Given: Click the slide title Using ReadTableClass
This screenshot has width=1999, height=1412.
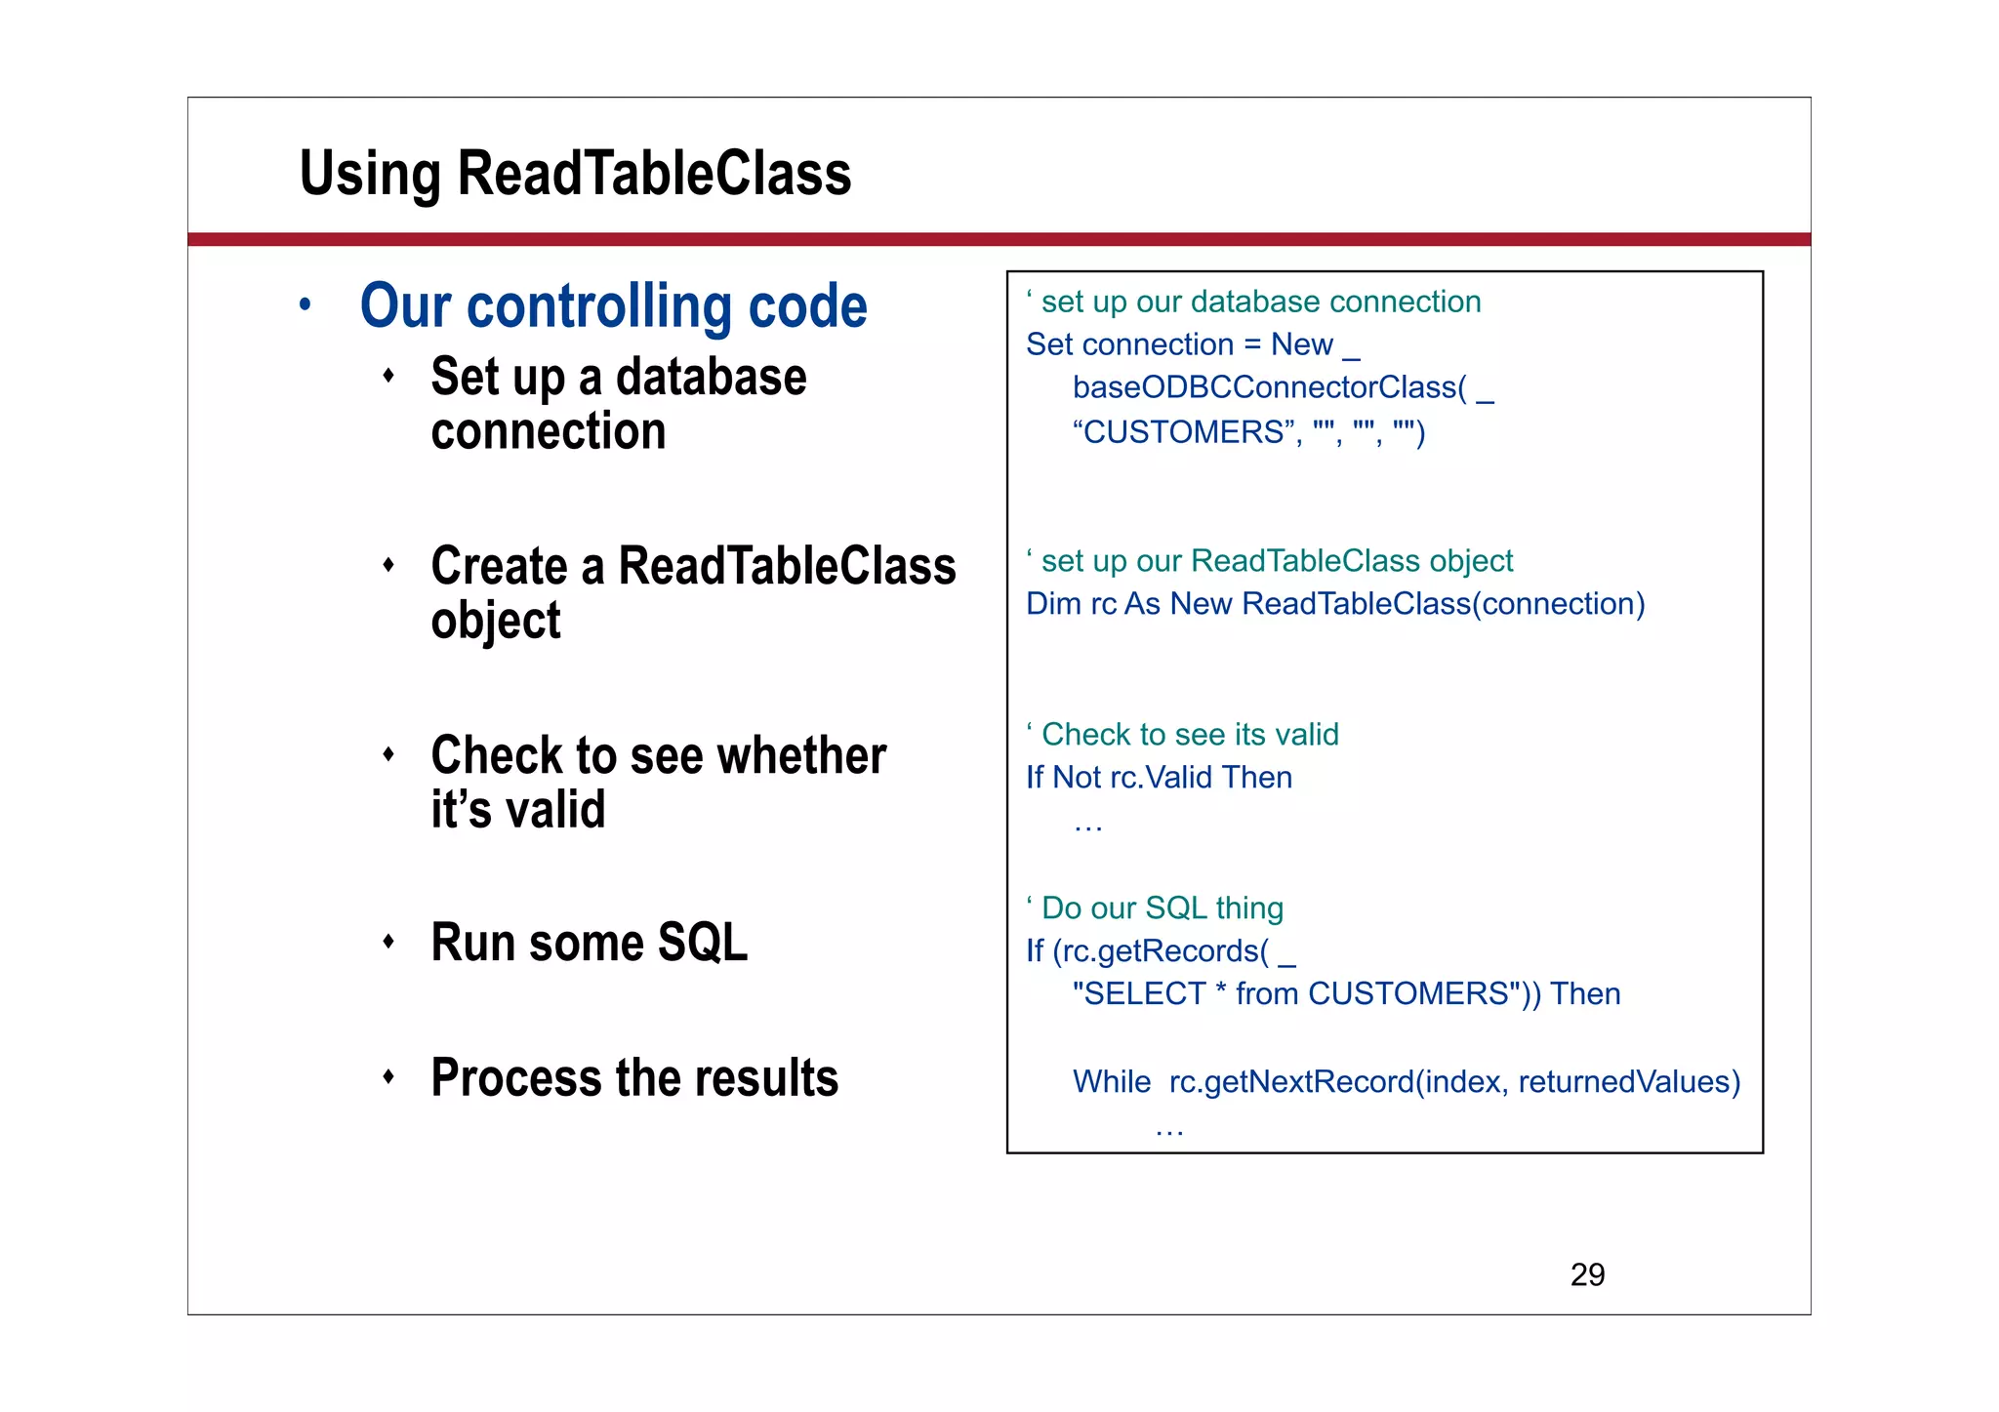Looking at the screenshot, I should [575, 174].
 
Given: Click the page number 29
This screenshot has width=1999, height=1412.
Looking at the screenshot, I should [1587, 1274].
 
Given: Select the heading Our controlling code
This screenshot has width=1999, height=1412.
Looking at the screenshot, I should [613, 306].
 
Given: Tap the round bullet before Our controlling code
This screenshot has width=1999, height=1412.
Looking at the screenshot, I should [306, 305].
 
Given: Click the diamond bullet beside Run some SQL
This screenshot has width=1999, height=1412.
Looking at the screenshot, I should [388, 942].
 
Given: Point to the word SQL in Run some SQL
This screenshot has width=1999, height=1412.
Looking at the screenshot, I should [702, 943].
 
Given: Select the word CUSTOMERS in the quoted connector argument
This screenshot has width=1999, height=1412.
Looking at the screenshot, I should [1183, 431].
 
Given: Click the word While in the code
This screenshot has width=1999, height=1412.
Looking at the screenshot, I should [1111, 1081].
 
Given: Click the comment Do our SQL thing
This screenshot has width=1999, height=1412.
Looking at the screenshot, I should [1162, 908].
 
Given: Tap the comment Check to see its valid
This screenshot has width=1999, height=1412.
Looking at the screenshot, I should [1189, 735].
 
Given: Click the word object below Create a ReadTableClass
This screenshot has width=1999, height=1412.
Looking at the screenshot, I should [496, 622].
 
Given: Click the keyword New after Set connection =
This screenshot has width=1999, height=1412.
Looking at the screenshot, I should [1301, 344].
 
